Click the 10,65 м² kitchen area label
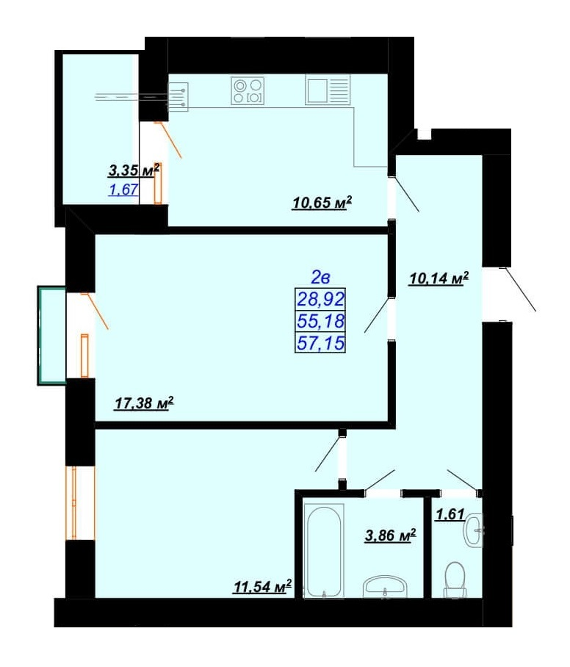322,203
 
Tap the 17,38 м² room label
144,403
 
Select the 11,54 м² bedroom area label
263,586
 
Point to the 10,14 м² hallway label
439,278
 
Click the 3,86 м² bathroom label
391,535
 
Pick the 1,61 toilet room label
450,514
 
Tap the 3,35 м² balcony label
134,170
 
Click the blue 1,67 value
124,190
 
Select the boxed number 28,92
320,299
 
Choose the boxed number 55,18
320,321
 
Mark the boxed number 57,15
320,342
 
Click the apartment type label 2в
321,278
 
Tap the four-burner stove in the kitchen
248,90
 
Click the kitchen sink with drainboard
328,90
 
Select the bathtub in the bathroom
323,550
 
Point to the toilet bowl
455,579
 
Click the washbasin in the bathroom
386,587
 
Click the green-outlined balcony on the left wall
52,336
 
